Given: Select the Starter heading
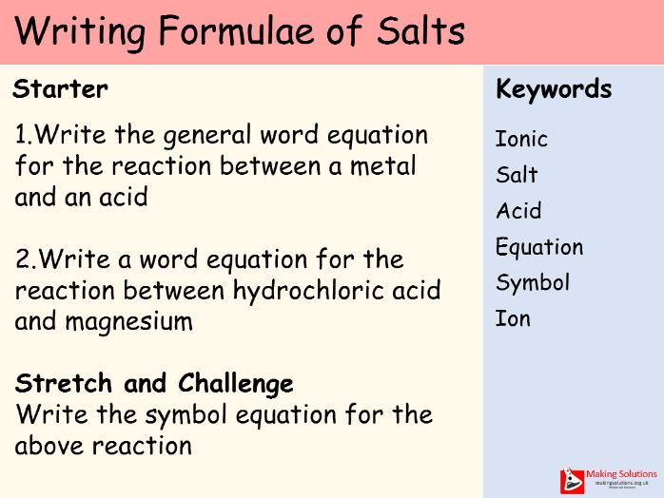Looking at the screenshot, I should coord(60,90).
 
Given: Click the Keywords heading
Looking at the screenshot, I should coord(554,90).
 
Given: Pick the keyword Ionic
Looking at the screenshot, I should coord(521,140).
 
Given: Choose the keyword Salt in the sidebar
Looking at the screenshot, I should coord(517,175).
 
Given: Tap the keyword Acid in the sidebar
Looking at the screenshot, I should coord(518,211).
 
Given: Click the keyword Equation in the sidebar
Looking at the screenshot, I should coord(539,248).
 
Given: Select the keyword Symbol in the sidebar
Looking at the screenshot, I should coord(533,283).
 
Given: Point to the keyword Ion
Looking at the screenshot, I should coord(513,318).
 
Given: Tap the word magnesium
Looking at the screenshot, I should coord(129,321).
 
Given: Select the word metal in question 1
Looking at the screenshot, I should coord(384,166).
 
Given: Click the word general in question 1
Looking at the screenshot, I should coord(204,135).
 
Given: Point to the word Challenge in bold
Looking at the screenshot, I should coord(236,384).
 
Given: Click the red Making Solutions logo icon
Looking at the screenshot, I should coord(573,480).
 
